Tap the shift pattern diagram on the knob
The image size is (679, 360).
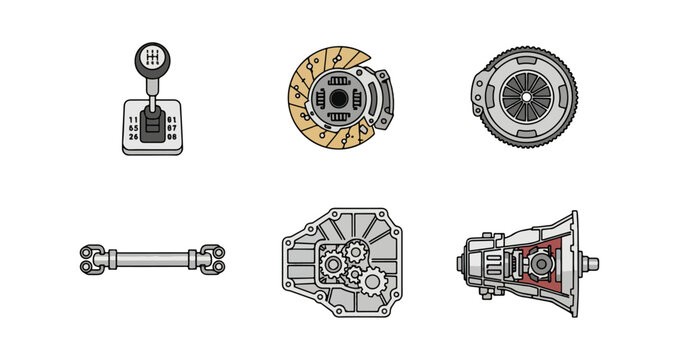[x=151, y=59]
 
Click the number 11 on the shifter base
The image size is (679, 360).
[x=134, y=120]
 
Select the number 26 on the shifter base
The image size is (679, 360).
[x=134, y=137]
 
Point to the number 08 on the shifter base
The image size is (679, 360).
[x=170, y=137]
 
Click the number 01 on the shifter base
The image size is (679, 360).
[x=170, y=120]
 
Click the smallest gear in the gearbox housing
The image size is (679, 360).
[x=352, y=258]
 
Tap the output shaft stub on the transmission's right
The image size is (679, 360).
[x=591, y=264]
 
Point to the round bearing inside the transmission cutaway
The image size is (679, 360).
[x=541, y=264]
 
